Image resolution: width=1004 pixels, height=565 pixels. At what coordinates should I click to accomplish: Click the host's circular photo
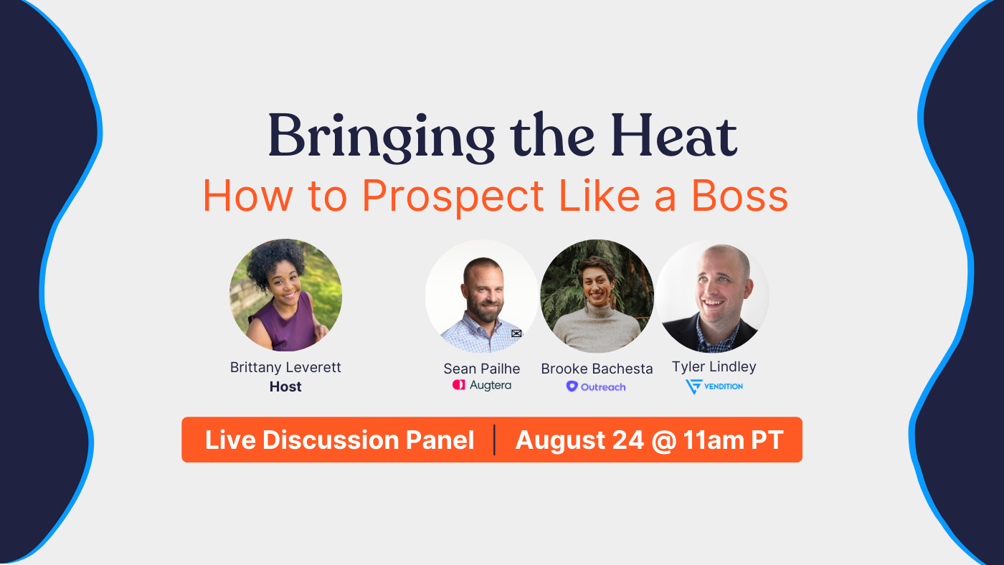pyautogui.click(x=285, y=295)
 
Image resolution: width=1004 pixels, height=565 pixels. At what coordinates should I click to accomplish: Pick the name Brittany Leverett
pyautogui.click(x=285, y=367)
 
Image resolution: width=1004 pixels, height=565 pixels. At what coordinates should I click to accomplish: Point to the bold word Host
pyautogui.click(x=285, y=386)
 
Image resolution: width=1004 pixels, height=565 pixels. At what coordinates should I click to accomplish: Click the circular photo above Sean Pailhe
pyautogui.click(x=481, y=296)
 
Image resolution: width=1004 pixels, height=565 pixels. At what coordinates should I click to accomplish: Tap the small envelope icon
pyautogui.click(x=516, y=333)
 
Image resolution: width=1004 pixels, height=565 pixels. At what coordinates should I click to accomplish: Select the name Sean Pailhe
pyautogui.click(x=481, y=369)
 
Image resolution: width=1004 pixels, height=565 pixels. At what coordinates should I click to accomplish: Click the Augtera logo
pyautogui.click(x=481, y=385)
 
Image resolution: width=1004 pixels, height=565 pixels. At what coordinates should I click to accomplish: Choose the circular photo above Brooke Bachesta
pyautogui.click(x=597, y=296)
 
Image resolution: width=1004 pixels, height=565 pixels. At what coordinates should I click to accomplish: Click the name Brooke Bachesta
pyautogui.click(x=597, y=369)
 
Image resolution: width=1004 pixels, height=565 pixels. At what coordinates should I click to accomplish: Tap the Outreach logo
pyautogui.click(x=596, y=386)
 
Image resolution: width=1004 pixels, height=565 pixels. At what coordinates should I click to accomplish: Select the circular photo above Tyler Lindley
pyautogui.click(x=713, y=296)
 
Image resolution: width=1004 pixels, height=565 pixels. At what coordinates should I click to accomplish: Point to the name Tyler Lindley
pyautogui.click(x=714, y=366)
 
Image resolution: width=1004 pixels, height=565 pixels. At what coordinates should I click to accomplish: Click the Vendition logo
pyautogui.click(x=714, y=386)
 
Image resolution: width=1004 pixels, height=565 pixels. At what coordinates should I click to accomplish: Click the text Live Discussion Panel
pyautogui.click(x=339, y=440)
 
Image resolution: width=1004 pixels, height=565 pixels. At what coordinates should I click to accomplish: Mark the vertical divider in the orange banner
pyautogui.click(x=495, y=440)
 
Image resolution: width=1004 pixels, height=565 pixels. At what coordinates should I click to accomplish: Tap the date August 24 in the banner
pyautogui.click(x=579, y=440)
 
